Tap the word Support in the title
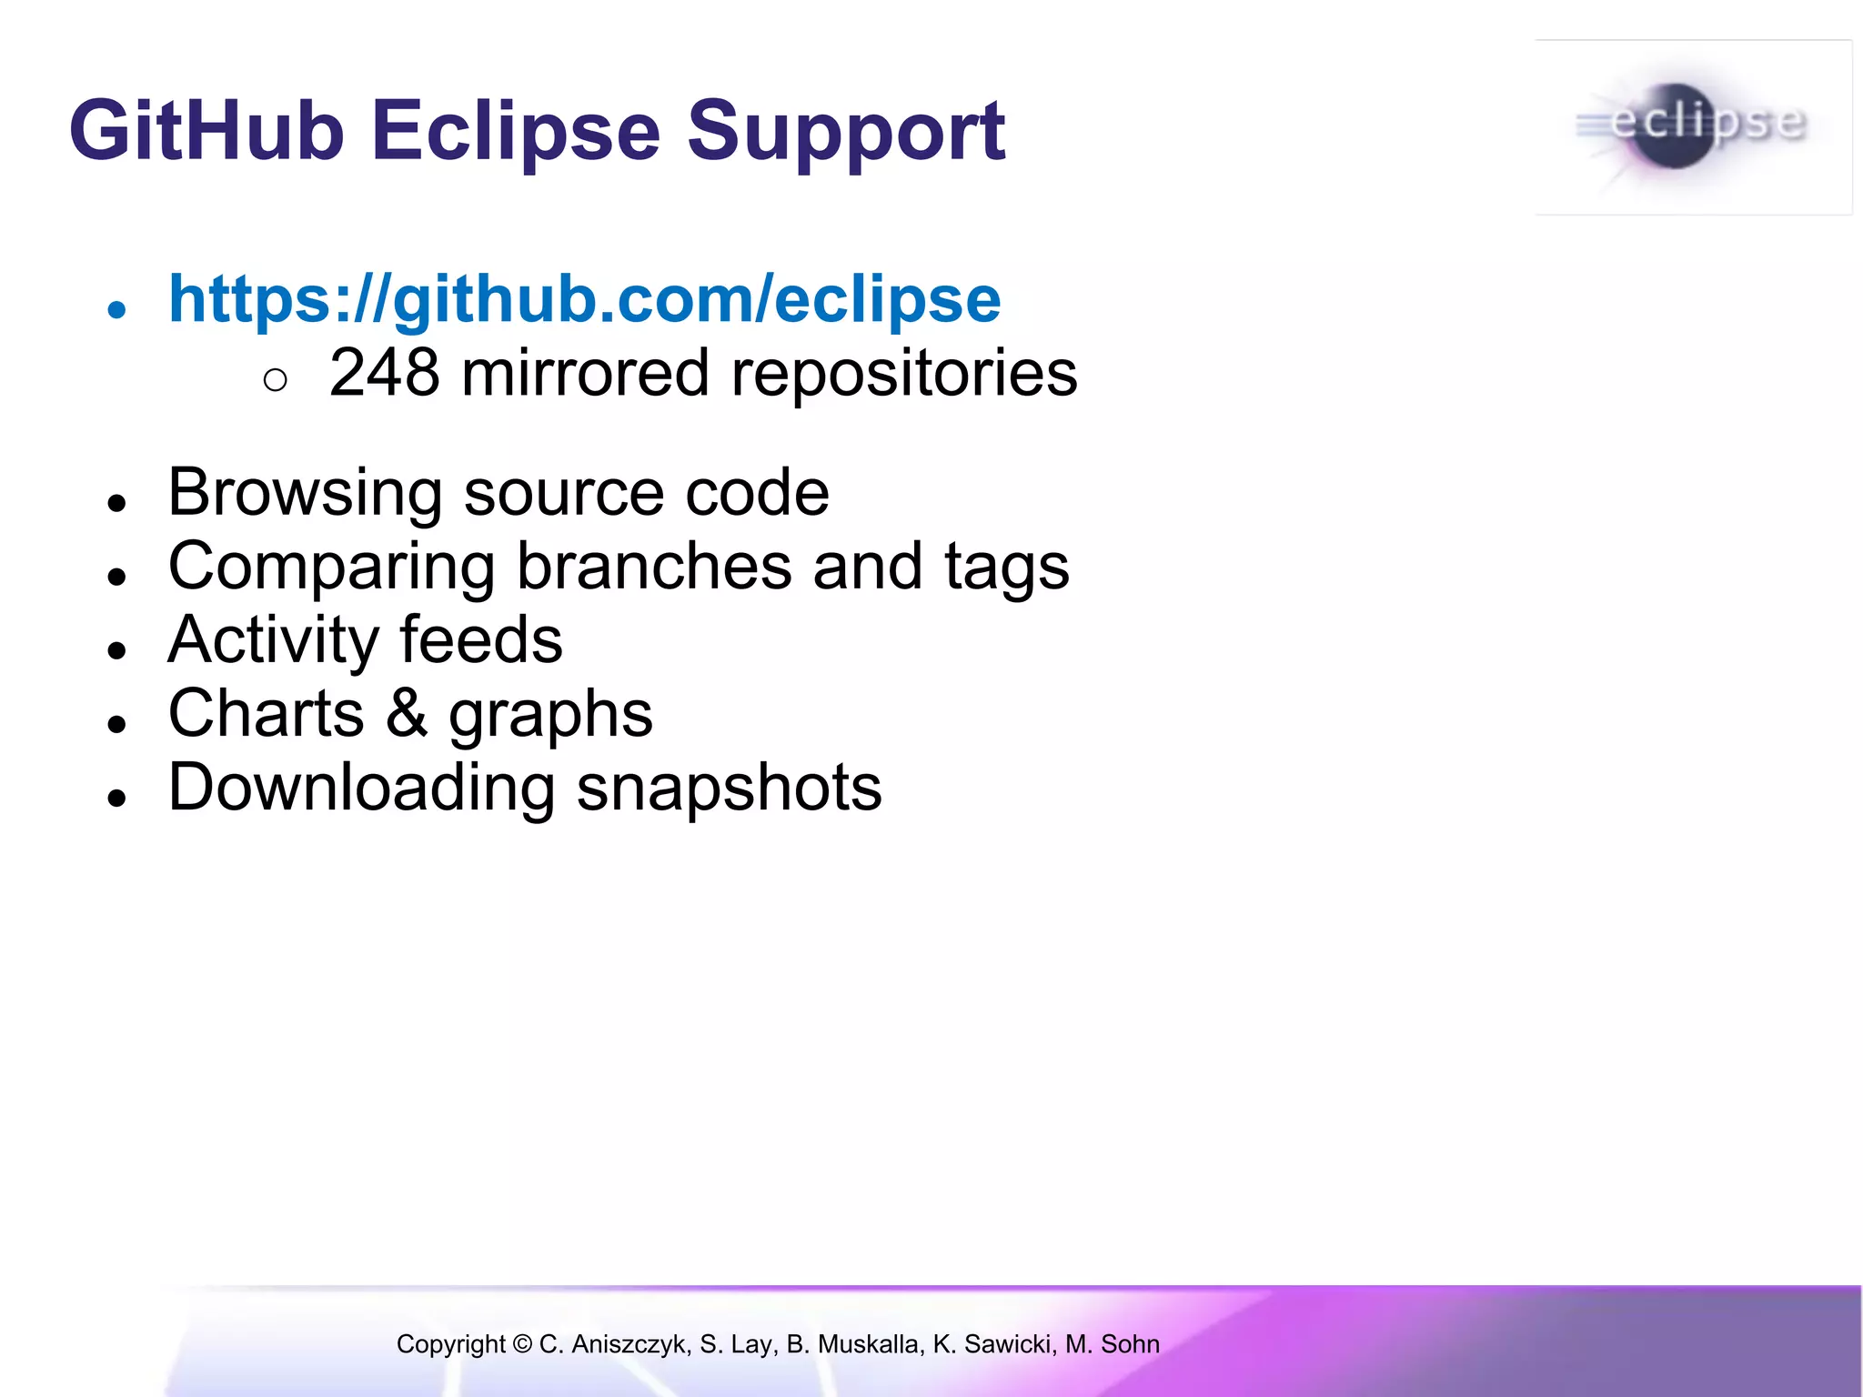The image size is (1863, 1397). click(x=845, y=133)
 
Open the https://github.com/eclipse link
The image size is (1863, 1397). click(x=584, y=299)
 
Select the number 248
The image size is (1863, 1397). click(x=384, y=373)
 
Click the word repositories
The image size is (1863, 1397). click(x=904, y=375)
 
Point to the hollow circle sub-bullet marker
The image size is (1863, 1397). click(x=275, y=380)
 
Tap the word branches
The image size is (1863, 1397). click(x=654, y=567)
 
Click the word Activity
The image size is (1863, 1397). click(x=273, y=640)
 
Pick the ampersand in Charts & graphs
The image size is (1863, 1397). click(x=406, y=713)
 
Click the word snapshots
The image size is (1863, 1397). click(x=729, y=788)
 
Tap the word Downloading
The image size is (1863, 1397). click(x=361, y=788)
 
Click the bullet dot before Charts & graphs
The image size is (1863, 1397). click(x=116, y=724)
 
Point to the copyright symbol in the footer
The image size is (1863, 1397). click(x=522, y=1343)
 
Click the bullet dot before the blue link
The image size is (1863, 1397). click(x=116, y=310)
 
